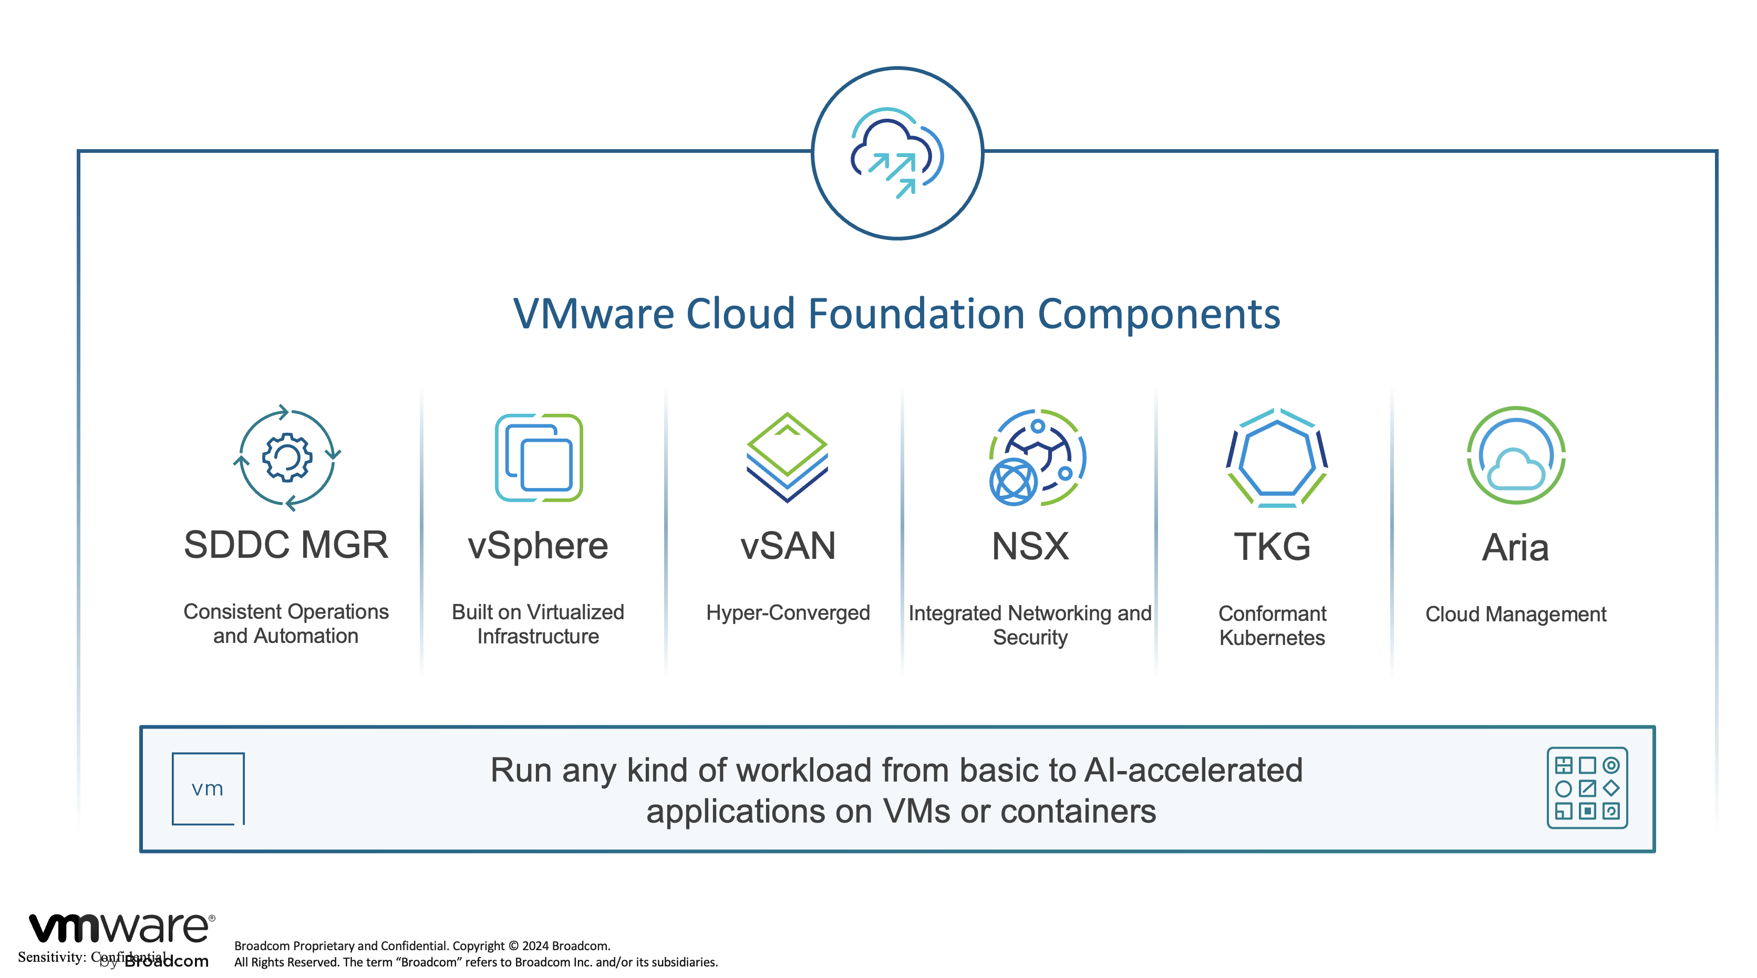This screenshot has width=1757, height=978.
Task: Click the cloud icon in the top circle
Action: [897, 153]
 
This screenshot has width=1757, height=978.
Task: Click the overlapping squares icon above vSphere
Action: [539, 457]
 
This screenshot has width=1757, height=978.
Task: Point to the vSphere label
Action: [538, 546]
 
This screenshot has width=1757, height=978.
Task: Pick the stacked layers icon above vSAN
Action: [787, 457]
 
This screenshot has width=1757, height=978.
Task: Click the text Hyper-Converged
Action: [788, 612]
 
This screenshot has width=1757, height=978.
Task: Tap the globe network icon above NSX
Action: [1037, 457]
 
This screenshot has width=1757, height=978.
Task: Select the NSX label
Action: [1030, 546]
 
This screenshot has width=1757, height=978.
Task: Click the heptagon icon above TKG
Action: [1277, 457]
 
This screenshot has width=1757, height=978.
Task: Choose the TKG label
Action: [1272, 546]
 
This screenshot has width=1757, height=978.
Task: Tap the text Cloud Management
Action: [1515, 614]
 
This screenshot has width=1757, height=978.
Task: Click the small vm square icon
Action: [208, 788]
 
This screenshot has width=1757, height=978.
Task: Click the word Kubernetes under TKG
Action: [1272, 638]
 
